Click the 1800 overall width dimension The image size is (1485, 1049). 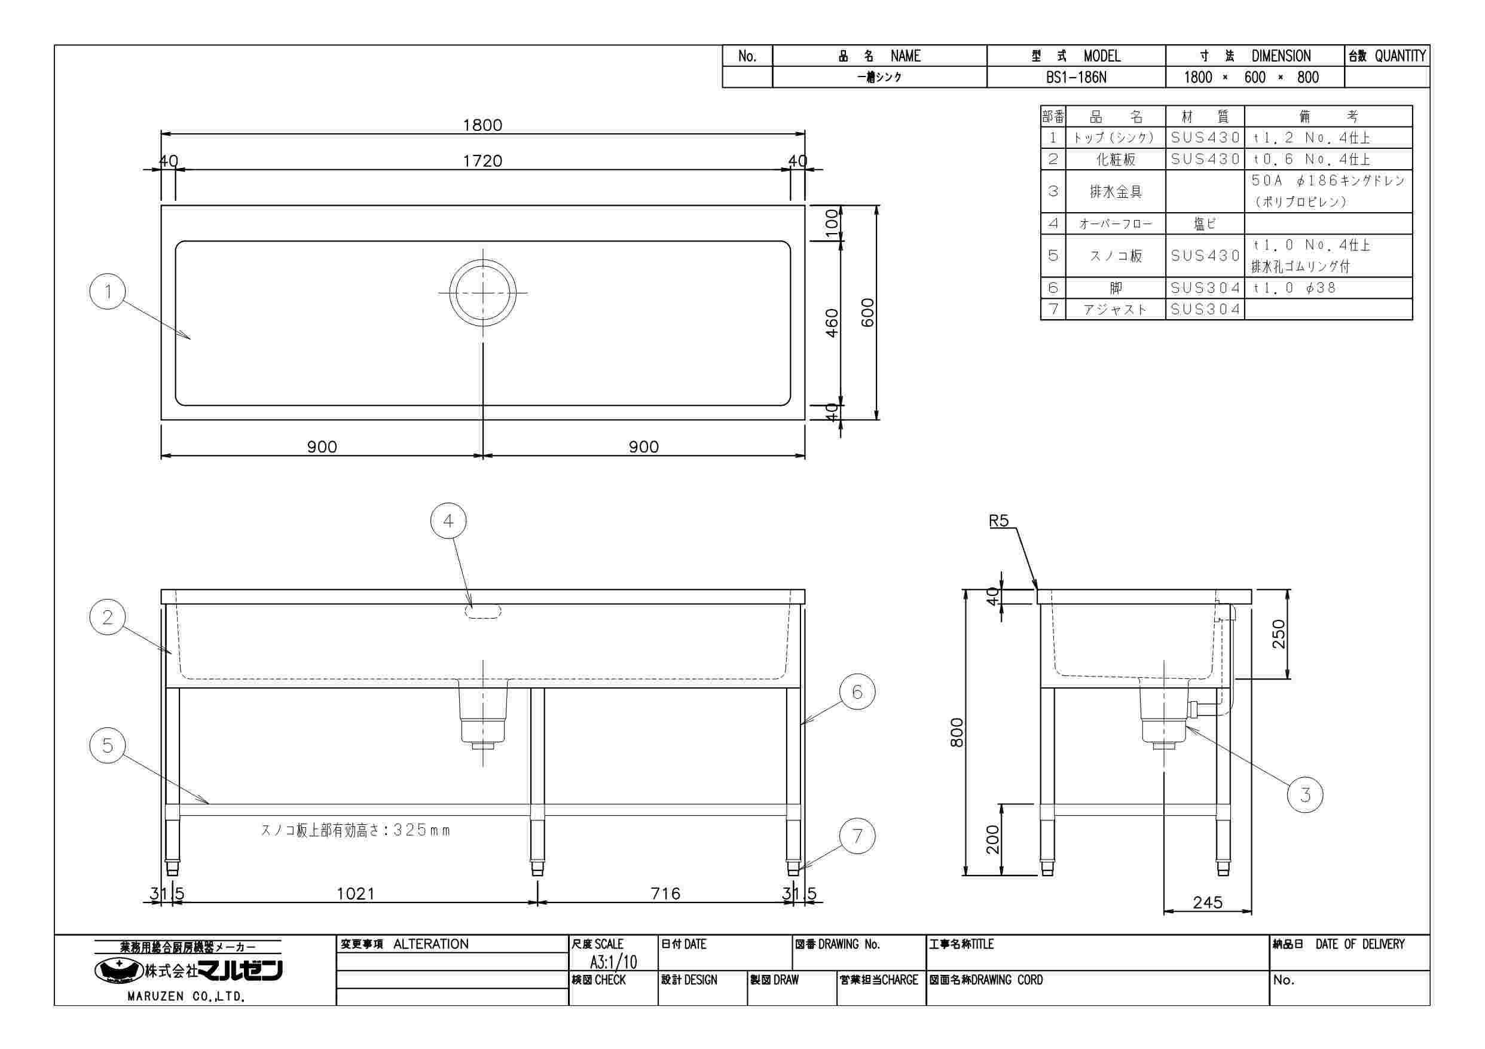click(x=482, y=125)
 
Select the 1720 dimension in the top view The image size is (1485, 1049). click(x=482, y=160)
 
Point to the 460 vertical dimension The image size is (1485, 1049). click(x=832, y=323)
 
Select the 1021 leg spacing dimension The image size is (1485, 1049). click(x=356, y=894)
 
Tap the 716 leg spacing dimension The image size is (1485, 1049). click(x=665, y=894)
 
